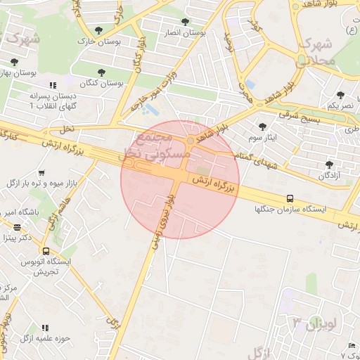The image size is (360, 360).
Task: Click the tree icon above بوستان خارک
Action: pyautogui.click(x=98, y=30)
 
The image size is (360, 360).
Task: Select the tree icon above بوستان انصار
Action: pyautogui.click(x=185, y=22)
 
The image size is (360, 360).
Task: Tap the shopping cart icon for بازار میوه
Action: pyautogui.click(x=42, y=173)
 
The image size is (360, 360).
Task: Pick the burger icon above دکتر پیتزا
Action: pyautogui.click(x=17, y=227)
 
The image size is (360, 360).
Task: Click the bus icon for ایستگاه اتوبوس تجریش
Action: pyautogui.click(x=46, y=250)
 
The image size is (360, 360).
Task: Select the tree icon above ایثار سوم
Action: pyautogui.click(x=263, y=127)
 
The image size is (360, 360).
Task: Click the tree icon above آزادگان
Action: pyautogui.click(x=328, y=165)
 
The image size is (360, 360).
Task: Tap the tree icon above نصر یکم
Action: pyautogui.click(x=340, y=95)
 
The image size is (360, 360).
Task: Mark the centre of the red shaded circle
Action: pyautogui.click(x=180, y=179)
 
